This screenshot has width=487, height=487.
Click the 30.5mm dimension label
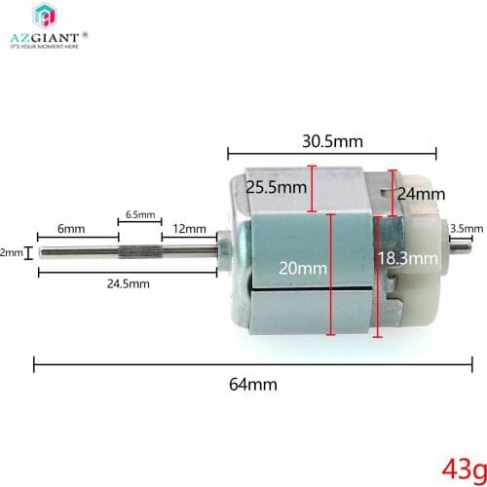331,141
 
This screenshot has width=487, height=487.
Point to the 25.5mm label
275,187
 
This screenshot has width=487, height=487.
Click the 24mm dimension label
421,193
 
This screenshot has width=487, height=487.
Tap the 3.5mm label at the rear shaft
466,229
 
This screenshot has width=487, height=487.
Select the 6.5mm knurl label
139,214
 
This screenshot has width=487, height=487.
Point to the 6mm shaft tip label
70,228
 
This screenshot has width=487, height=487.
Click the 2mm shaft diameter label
11,253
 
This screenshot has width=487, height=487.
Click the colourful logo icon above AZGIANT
46,16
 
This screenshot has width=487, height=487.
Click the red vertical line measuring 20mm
331,273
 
